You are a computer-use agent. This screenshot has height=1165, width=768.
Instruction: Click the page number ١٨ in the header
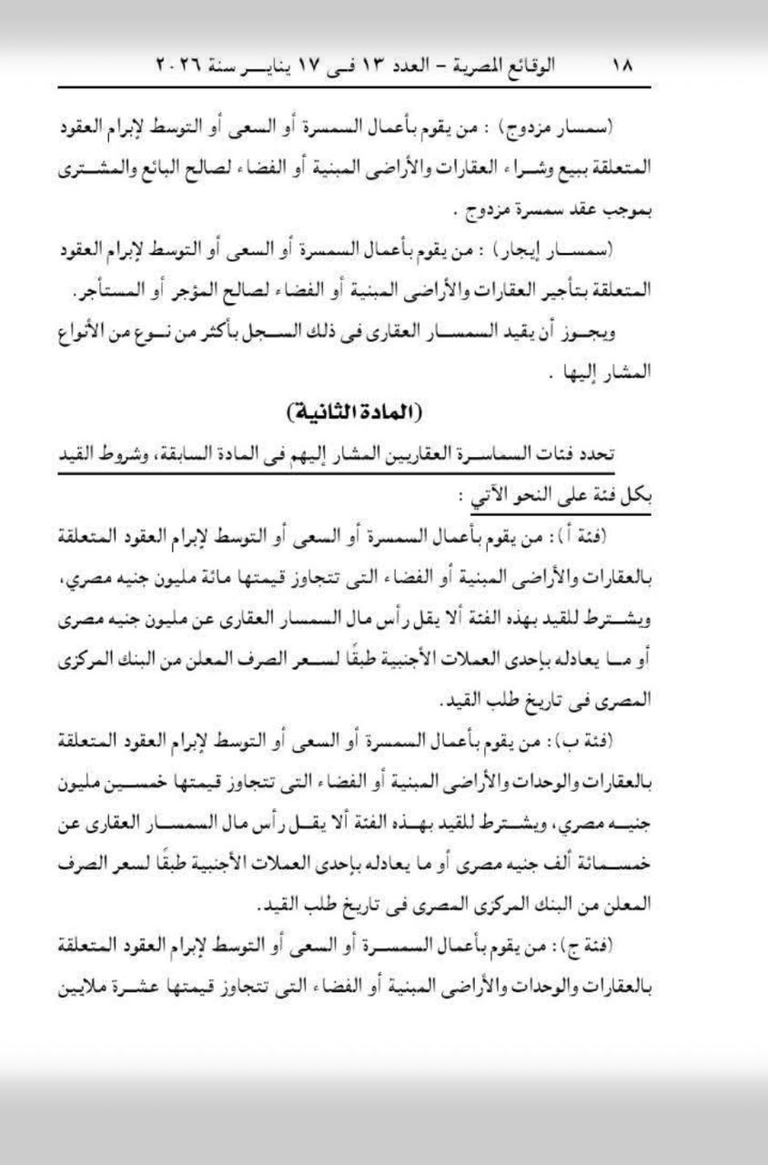coord(624,66)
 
